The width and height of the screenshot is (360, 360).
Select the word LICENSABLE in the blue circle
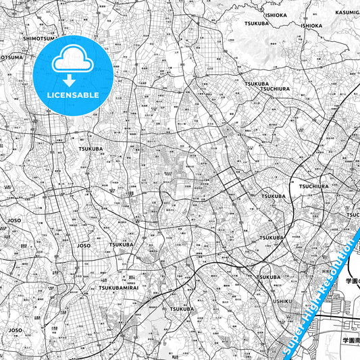tap(72, 95)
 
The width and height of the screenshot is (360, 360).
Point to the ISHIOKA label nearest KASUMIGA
tap(311, 26)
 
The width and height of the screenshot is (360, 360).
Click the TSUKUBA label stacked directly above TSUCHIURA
tap(257, 84)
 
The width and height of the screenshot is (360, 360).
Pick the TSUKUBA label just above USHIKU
tap(267, 277)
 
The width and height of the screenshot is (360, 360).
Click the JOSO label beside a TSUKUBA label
tap(84, 245)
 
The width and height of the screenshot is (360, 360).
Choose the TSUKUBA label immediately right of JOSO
tap(122, 245)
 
